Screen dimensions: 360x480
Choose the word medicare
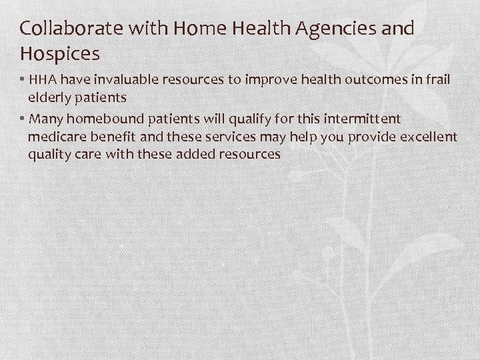tap(58, 137)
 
